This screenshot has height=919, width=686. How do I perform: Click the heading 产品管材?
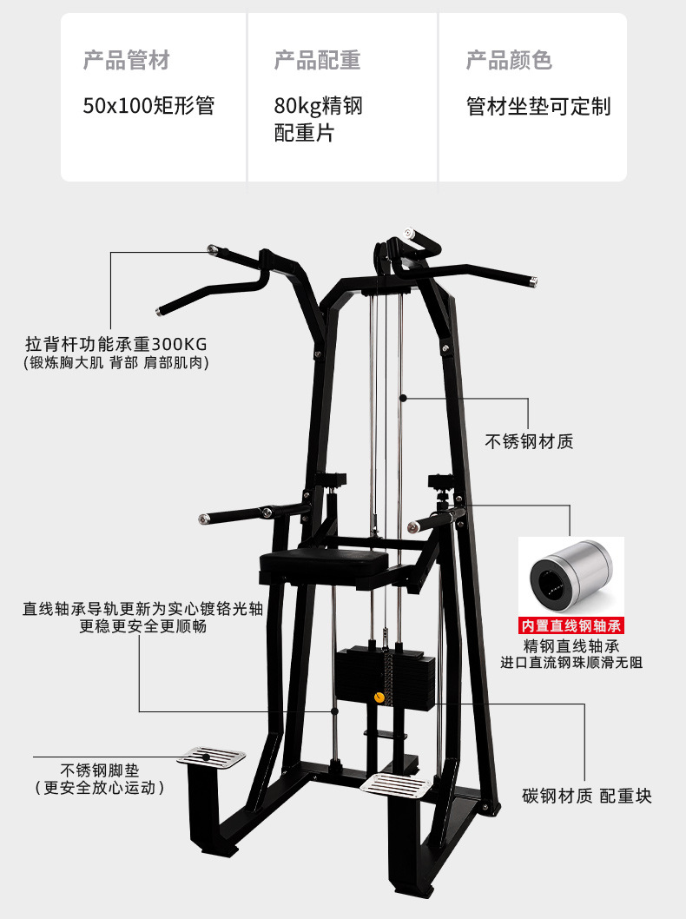pyautogui.click(x=126, y=61)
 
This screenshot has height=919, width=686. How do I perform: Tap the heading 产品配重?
pyautogui.click(x=317, y=61)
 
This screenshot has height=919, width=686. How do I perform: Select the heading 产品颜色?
pyautogui.click(x=509, y=61)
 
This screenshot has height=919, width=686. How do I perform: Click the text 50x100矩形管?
pyautogui.click(x=148, y=106)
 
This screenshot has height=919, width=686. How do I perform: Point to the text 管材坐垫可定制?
pyautogui.click(x=538, y=107)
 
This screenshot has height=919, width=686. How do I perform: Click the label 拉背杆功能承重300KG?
pyautogui.click(x=116, y=343)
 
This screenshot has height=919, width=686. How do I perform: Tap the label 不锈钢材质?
pyautogui.click(x=529, y=441)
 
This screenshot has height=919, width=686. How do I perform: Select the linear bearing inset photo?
pyautogui.click(x=571, y=577)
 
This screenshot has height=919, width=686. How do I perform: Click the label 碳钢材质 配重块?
pyautogui.click(x=586, y=796)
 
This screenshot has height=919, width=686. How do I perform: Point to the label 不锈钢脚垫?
pyautogui.click(x=99, y=770)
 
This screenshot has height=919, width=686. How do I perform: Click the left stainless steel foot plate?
pyautogui.click(x=211, y=757)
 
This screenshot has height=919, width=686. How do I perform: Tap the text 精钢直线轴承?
pyautogui.click(x=571, y=646)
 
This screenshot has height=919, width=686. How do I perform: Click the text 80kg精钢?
pyautogui.click(x=318, y=107)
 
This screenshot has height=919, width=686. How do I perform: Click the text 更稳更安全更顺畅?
pyautogui.click(x=143, y=626)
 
